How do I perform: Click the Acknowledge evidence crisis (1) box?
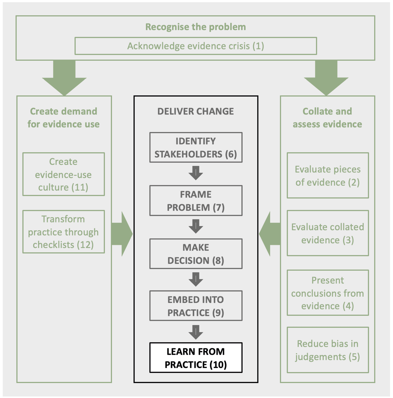tap(195, 46)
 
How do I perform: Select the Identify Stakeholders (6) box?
tap(196, 147)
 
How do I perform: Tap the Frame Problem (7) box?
tap(196, 201)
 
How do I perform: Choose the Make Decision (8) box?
tap(196, 254)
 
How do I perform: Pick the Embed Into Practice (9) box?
tap(196, 306)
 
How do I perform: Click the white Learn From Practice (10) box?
tap(196, 358)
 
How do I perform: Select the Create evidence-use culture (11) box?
tap(64, 174)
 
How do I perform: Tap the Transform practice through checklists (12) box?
tap(64, 232)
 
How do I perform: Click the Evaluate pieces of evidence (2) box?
tap(328, 175)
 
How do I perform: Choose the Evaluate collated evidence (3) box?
tap(328, 233)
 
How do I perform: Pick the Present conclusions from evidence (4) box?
tap(328, 293)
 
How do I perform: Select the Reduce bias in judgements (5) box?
tap(328, 350)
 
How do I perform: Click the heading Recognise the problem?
tap(195, 27)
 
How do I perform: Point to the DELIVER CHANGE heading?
tap(195, 111)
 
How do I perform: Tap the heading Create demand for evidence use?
tap(64, 118)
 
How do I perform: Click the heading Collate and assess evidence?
tap(327, 118)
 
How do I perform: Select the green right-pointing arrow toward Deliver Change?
tap(122, 234)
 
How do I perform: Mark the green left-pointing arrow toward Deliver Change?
tap(270, 234)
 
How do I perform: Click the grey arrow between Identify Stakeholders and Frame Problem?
tap(196, 173)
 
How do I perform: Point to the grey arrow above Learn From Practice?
tap(196, 332)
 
